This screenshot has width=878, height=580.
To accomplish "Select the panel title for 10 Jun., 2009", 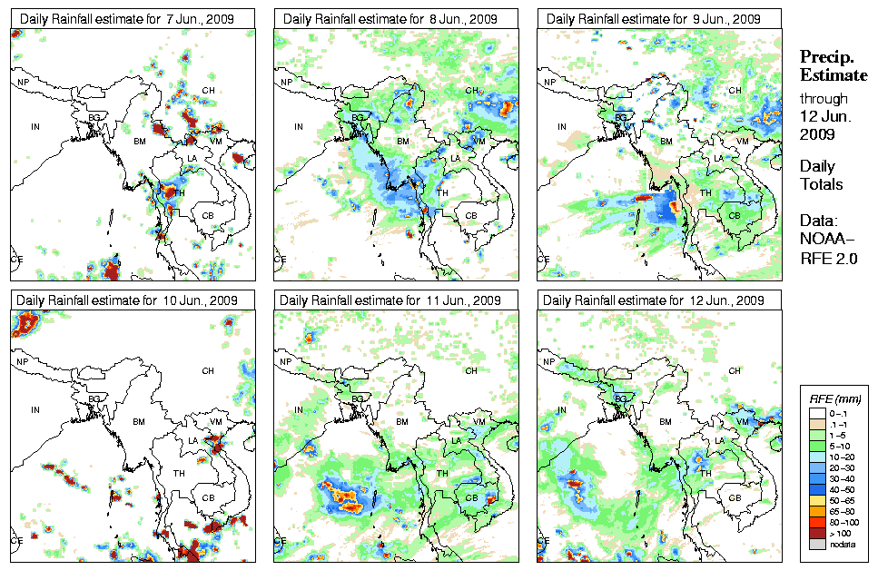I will click(129, 300).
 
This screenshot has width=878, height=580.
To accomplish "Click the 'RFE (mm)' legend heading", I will click(835, 398).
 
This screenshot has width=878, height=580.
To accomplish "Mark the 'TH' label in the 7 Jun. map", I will click(178, 192).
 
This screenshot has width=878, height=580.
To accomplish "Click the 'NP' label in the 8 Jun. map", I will click(287, 83).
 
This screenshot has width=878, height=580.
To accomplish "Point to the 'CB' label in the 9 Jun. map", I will click(735, 215).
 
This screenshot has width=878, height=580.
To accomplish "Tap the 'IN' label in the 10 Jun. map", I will click(35, 409).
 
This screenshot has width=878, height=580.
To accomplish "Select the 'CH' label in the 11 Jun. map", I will click(471, 371).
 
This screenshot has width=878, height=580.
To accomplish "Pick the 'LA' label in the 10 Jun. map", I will click(192, 441).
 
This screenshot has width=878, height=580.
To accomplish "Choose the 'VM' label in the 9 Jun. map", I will click(742, 142).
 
